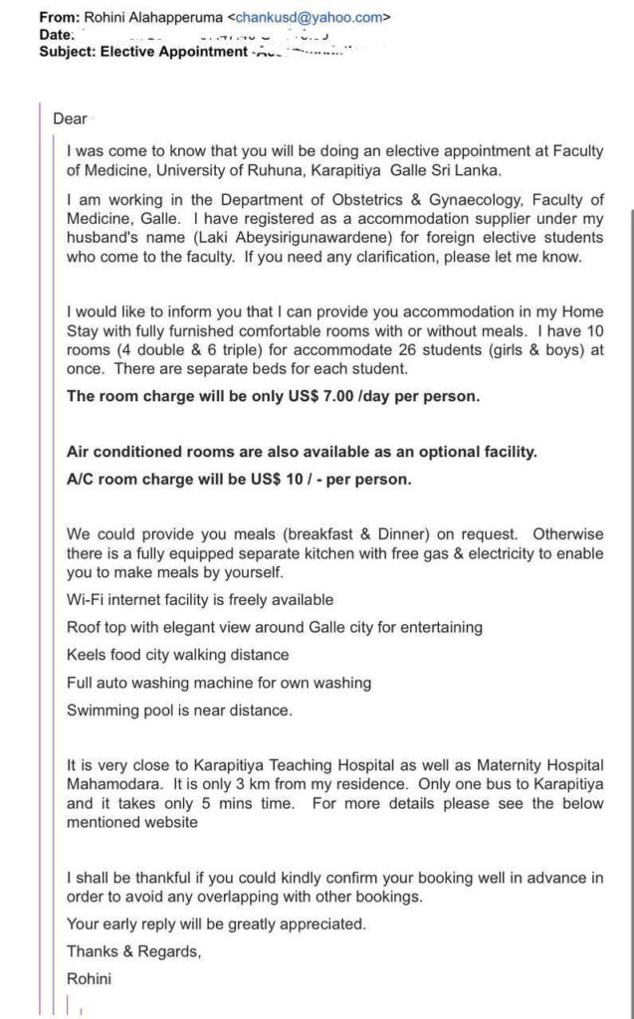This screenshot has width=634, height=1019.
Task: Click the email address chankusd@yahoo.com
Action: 309,17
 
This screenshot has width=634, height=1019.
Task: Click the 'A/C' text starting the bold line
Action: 82,478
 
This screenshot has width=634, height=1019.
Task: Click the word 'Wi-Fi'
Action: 86,600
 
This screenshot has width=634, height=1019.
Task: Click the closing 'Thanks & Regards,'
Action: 133,950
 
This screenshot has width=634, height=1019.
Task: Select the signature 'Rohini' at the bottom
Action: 90,978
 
